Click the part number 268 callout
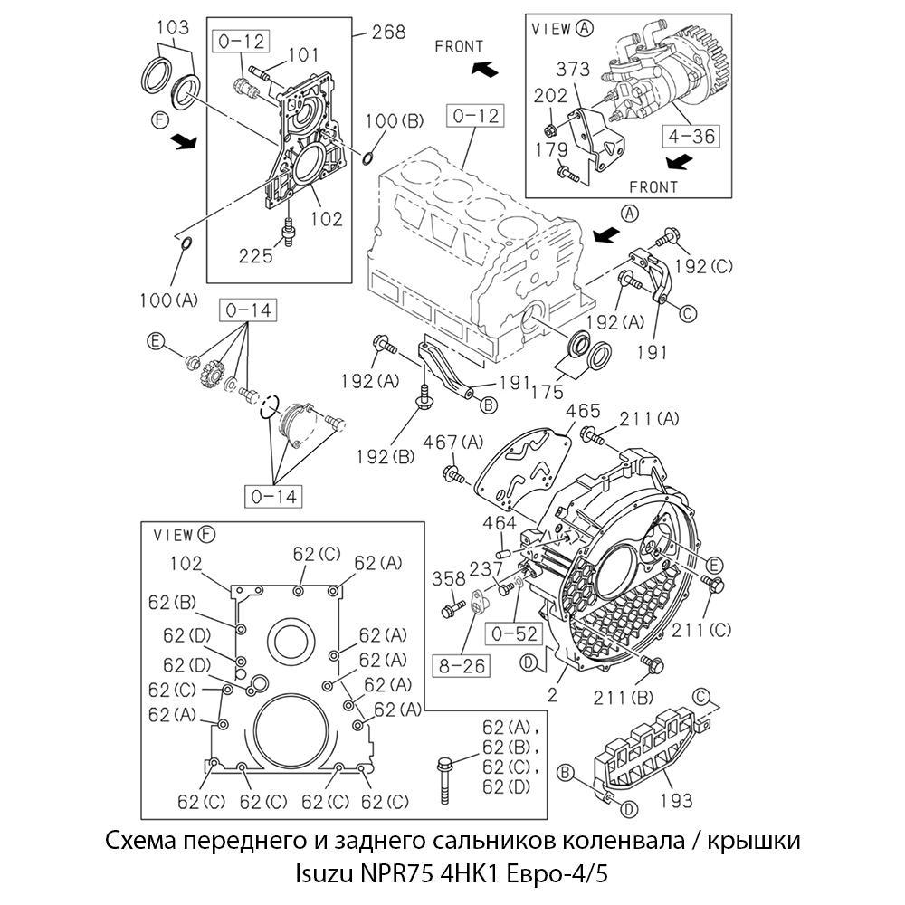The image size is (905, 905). [386, 33]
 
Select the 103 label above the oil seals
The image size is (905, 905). [172, 27]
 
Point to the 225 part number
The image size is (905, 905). [256, 256]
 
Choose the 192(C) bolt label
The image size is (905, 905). [703, 265]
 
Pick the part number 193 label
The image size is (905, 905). [676, 799]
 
